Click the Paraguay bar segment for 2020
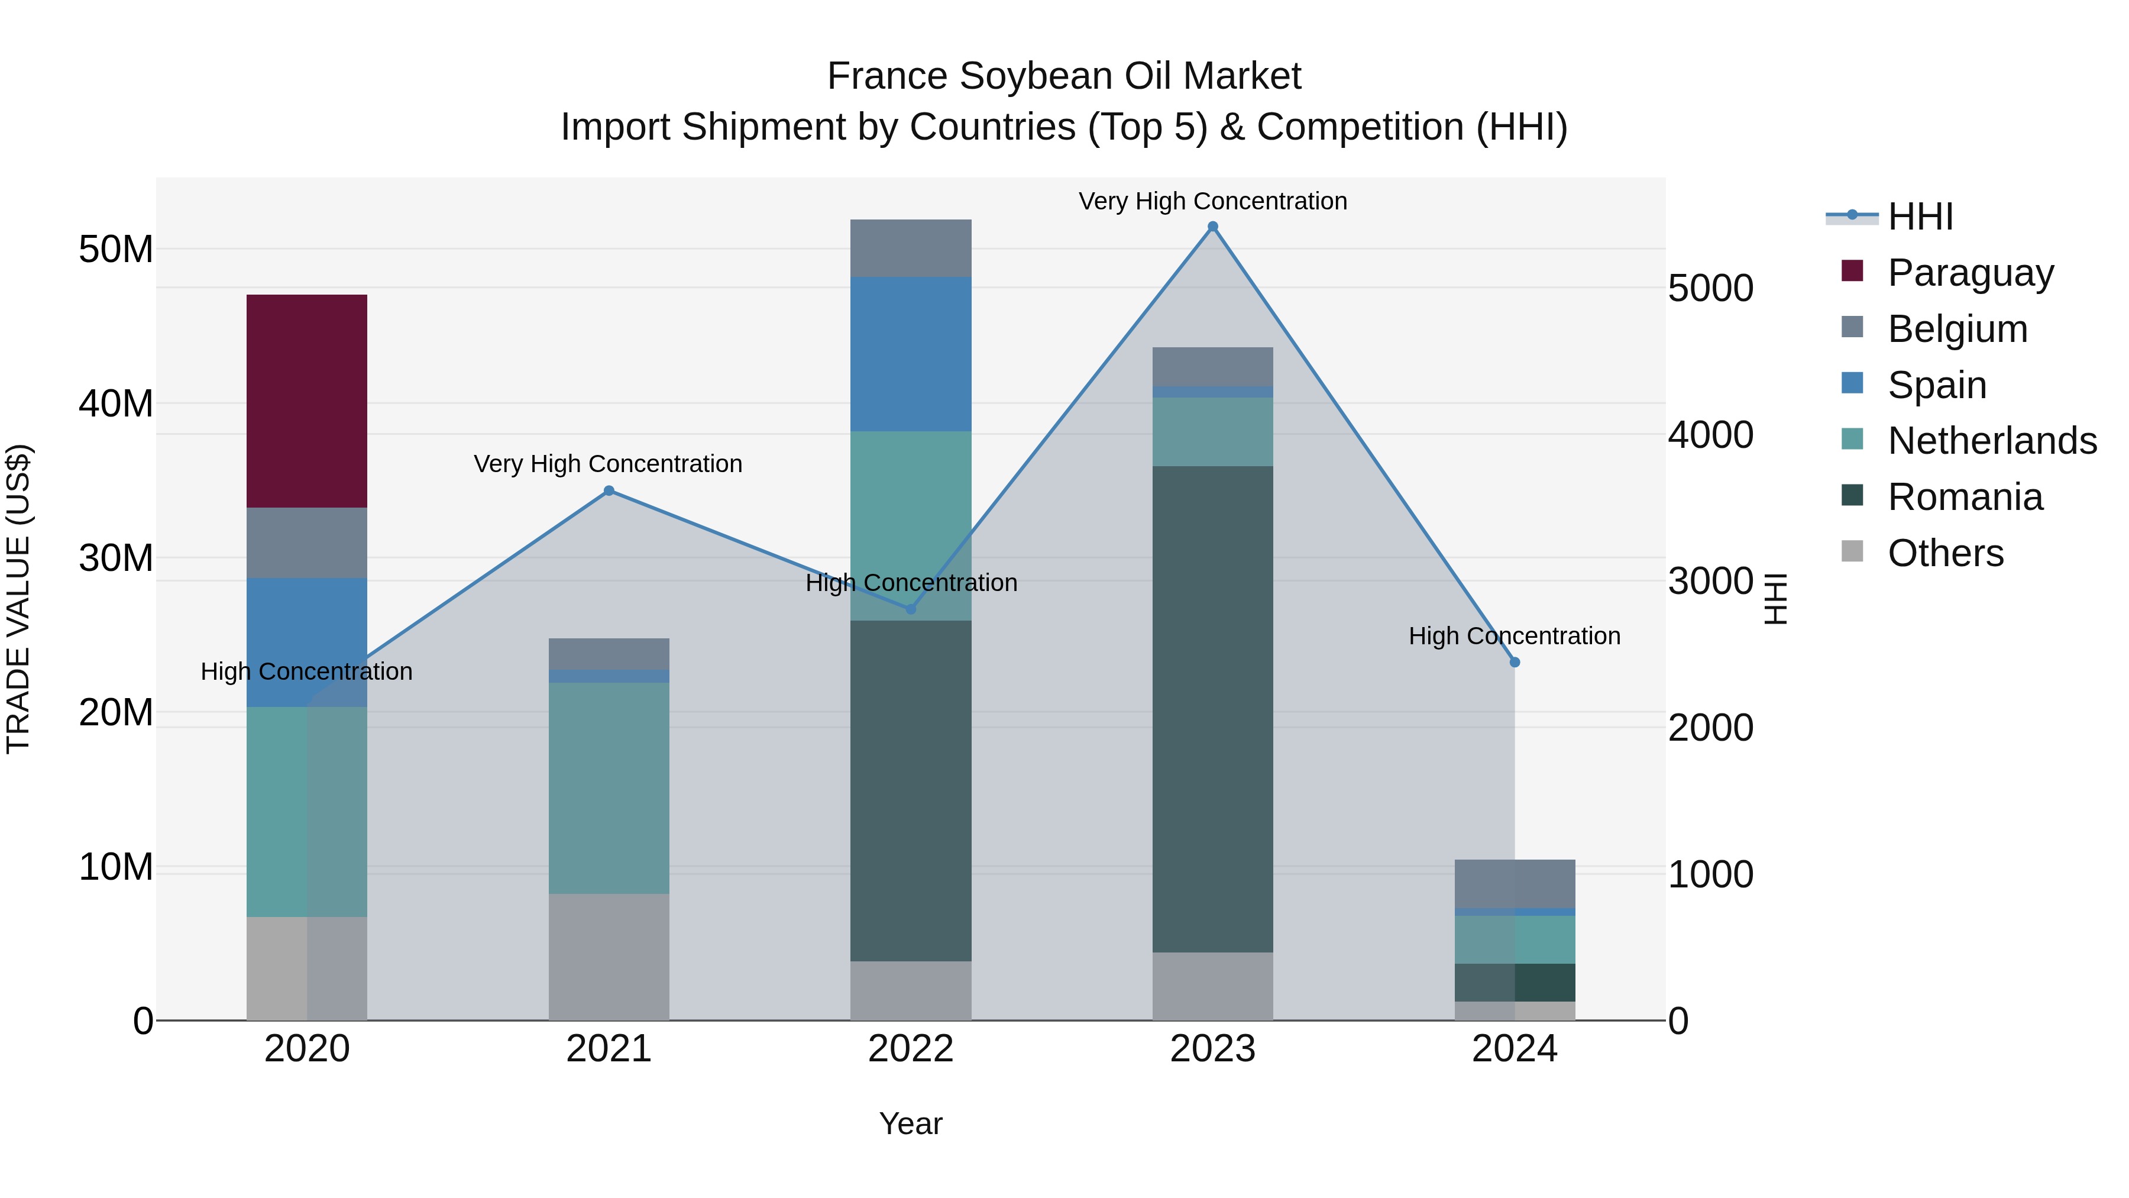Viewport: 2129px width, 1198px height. click(306, 401)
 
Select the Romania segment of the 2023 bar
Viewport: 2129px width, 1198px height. click(1212, 709)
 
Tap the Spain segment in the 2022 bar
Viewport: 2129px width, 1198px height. click(911, 354)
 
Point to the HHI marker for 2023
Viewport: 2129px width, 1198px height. click(1212, 227)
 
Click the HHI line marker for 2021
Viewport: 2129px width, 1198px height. click(609, 490)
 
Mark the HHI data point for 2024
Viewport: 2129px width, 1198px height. click(1515, 662)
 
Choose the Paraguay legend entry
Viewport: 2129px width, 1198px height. click(1971, 272)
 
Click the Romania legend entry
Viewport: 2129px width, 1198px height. click(1965, 496)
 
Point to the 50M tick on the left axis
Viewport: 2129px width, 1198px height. click(116, 249)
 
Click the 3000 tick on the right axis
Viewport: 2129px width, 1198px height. click(1710, 580)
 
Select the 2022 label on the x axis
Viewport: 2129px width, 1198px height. click(911, 1049)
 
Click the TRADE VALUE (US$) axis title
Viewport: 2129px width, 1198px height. click(19, 599)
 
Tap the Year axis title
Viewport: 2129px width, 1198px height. click(911, 1123)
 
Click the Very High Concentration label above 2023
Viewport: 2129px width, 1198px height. click(1212, 201)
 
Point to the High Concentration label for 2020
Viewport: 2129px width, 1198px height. click(306, 671)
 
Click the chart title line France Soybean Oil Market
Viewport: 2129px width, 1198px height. click(1064, 76)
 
